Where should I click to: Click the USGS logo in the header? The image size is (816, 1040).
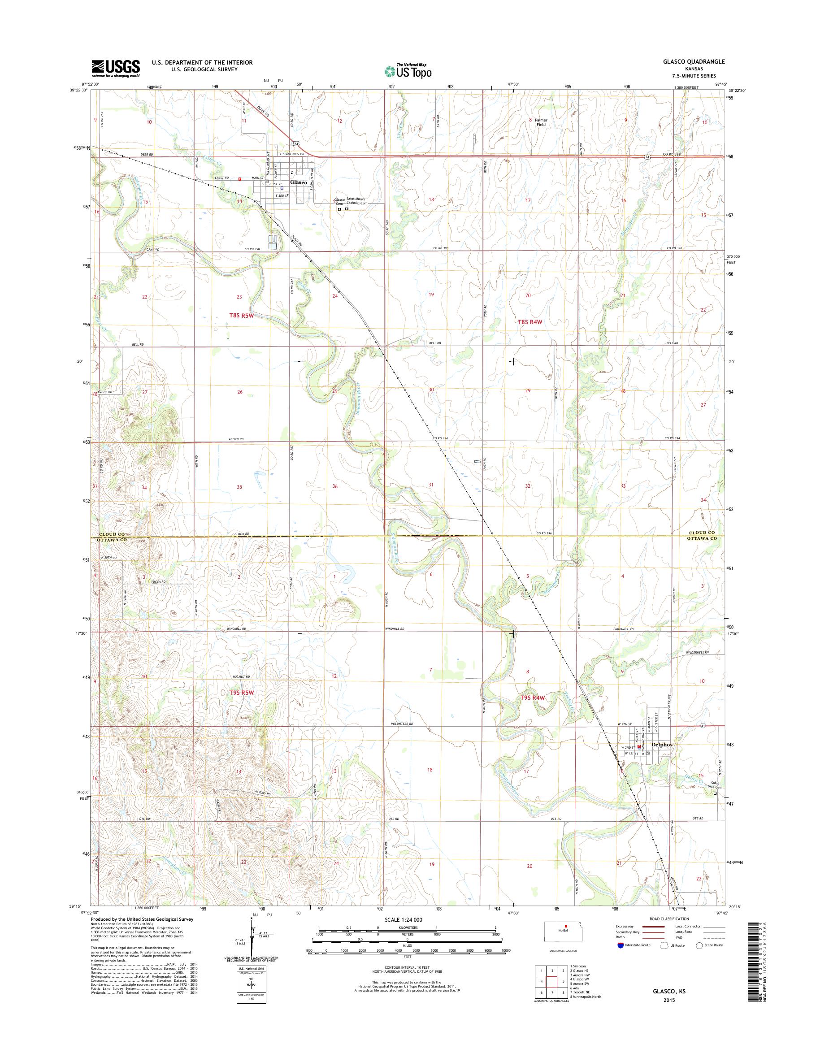click(x=116, y=69)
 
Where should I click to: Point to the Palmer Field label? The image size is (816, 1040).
click(x=540, y=122)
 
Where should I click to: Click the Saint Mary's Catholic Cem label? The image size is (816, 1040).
click(x=357, y=201)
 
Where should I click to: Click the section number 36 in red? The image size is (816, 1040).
click(x=335, y=486)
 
